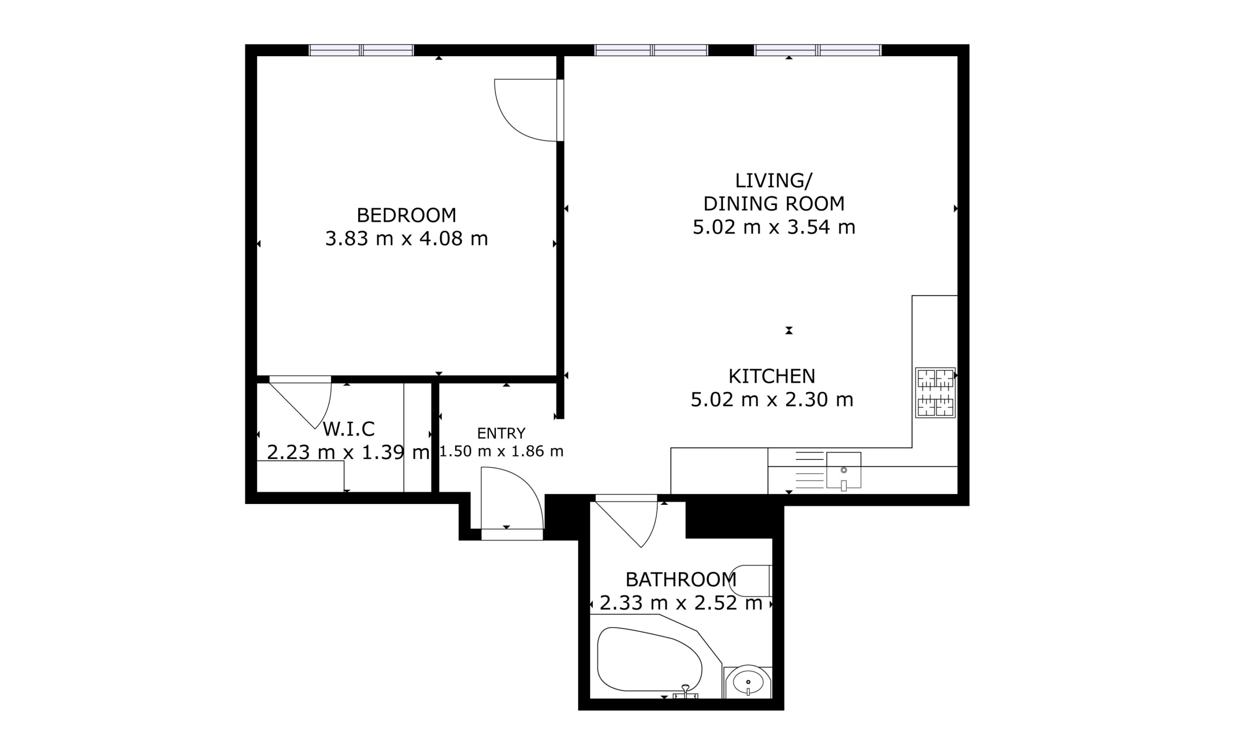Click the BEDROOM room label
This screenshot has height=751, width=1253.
(x=406, y=216)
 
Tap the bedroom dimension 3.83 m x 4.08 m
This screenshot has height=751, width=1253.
(x=406, y=238)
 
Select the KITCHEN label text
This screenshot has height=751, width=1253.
(x=771, y=377)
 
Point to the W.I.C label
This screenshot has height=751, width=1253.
(x=348, y=429)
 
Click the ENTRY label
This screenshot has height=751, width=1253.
(x=501, y=433)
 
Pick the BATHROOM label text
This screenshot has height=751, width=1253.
(x=680, y=579)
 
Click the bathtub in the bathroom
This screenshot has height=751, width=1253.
(x=649, y=660)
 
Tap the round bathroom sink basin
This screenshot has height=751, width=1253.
(x=748, y=682)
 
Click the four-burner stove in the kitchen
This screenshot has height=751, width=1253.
(x=935, y=393)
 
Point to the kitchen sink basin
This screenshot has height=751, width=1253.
(x=843, y=470)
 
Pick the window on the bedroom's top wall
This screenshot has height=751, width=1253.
(x=362, y=50)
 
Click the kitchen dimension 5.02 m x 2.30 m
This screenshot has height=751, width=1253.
(x=771, y=400)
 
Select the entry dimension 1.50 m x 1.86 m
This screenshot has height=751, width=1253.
(x=501, y=451)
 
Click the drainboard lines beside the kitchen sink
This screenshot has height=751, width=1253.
(x=810, y=470)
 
